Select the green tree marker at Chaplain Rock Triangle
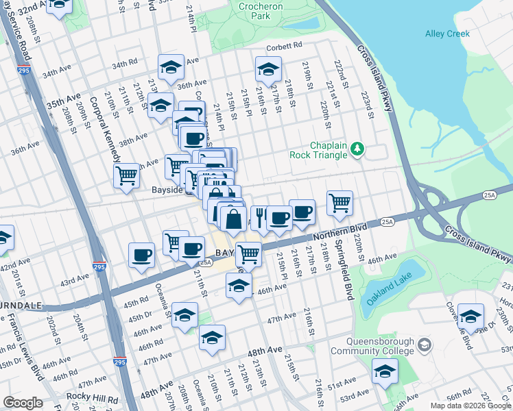click(x=357, y=149)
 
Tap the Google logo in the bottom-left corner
click(x=23, y=403)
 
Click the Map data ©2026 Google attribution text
click(x=471, y=406)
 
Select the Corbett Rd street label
click(x=284, y=46)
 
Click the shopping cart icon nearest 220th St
click(x=339, y=202)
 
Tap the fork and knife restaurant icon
click(x=260, y=217)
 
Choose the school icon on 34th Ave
click(x=171, y=66)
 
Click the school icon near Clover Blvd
click(x=470, y=316)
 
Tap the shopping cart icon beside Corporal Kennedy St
click(x=127, y=175)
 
